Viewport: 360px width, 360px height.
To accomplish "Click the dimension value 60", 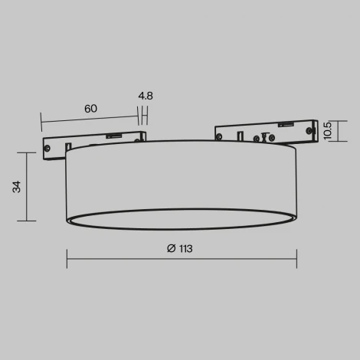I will [90, 109].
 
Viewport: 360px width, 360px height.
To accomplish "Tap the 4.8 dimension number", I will [145, 97].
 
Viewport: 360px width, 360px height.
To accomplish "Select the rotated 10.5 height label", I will [327, 131].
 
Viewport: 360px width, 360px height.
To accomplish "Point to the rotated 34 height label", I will [16, 187].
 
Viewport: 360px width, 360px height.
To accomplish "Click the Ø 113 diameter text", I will [180, 247].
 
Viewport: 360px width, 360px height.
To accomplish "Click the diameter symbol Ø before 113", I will [169, 247].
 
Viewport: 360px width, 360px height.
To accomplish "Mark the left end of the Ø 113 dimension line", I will [67, 259].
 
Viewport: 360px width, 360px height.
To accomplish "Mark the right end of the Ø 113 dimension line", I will [296, 259].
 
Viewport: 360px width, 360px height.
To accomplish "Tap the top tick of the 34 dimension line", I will [27, 152].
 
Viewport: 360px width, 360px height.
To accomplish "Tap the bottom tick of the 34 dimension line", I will [27, 221].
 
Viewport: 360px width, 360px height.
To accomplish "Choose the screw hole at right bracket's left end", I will [221, 136].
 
